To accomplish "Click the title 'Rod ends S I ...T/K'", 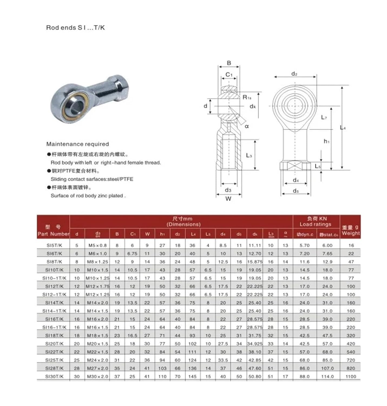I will [x=75, y=28].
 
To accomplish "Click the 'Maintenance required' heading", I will [x=77, y=144].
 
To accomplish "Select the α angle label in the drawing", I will [x=247, y=126].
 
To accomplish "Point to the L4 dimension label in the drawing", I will [x=343, y=127].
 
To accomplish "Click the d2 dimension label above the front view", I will [x=294, y=74].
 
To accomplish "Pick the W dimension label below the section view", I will [x=228, y=199].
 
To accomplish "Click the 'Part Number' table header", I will [x=53, y=234].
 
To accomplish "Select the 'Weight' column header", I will [x=350, y=233].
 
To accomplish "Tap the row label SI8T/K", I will [x=54, y=262].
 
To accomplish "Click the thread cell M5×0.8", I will [x=97, y=245].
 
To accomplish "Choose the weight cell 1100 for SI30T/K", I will [x=351, y=376].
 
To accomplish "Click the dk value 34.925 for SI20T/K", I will [x=255, y=344].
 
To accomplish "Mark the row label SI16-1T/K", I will [x=54, y=327].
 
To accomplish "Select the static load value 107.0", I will [x=327, y=368].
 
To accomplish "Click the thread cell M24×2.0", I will [x=97, y=360].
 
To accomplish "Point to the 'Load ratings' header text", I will [x=315, y=224].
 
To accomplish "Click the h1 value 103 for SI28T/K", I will [x=162, y=368].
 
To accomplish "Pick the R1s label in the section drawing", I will [x=247, y=97].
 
